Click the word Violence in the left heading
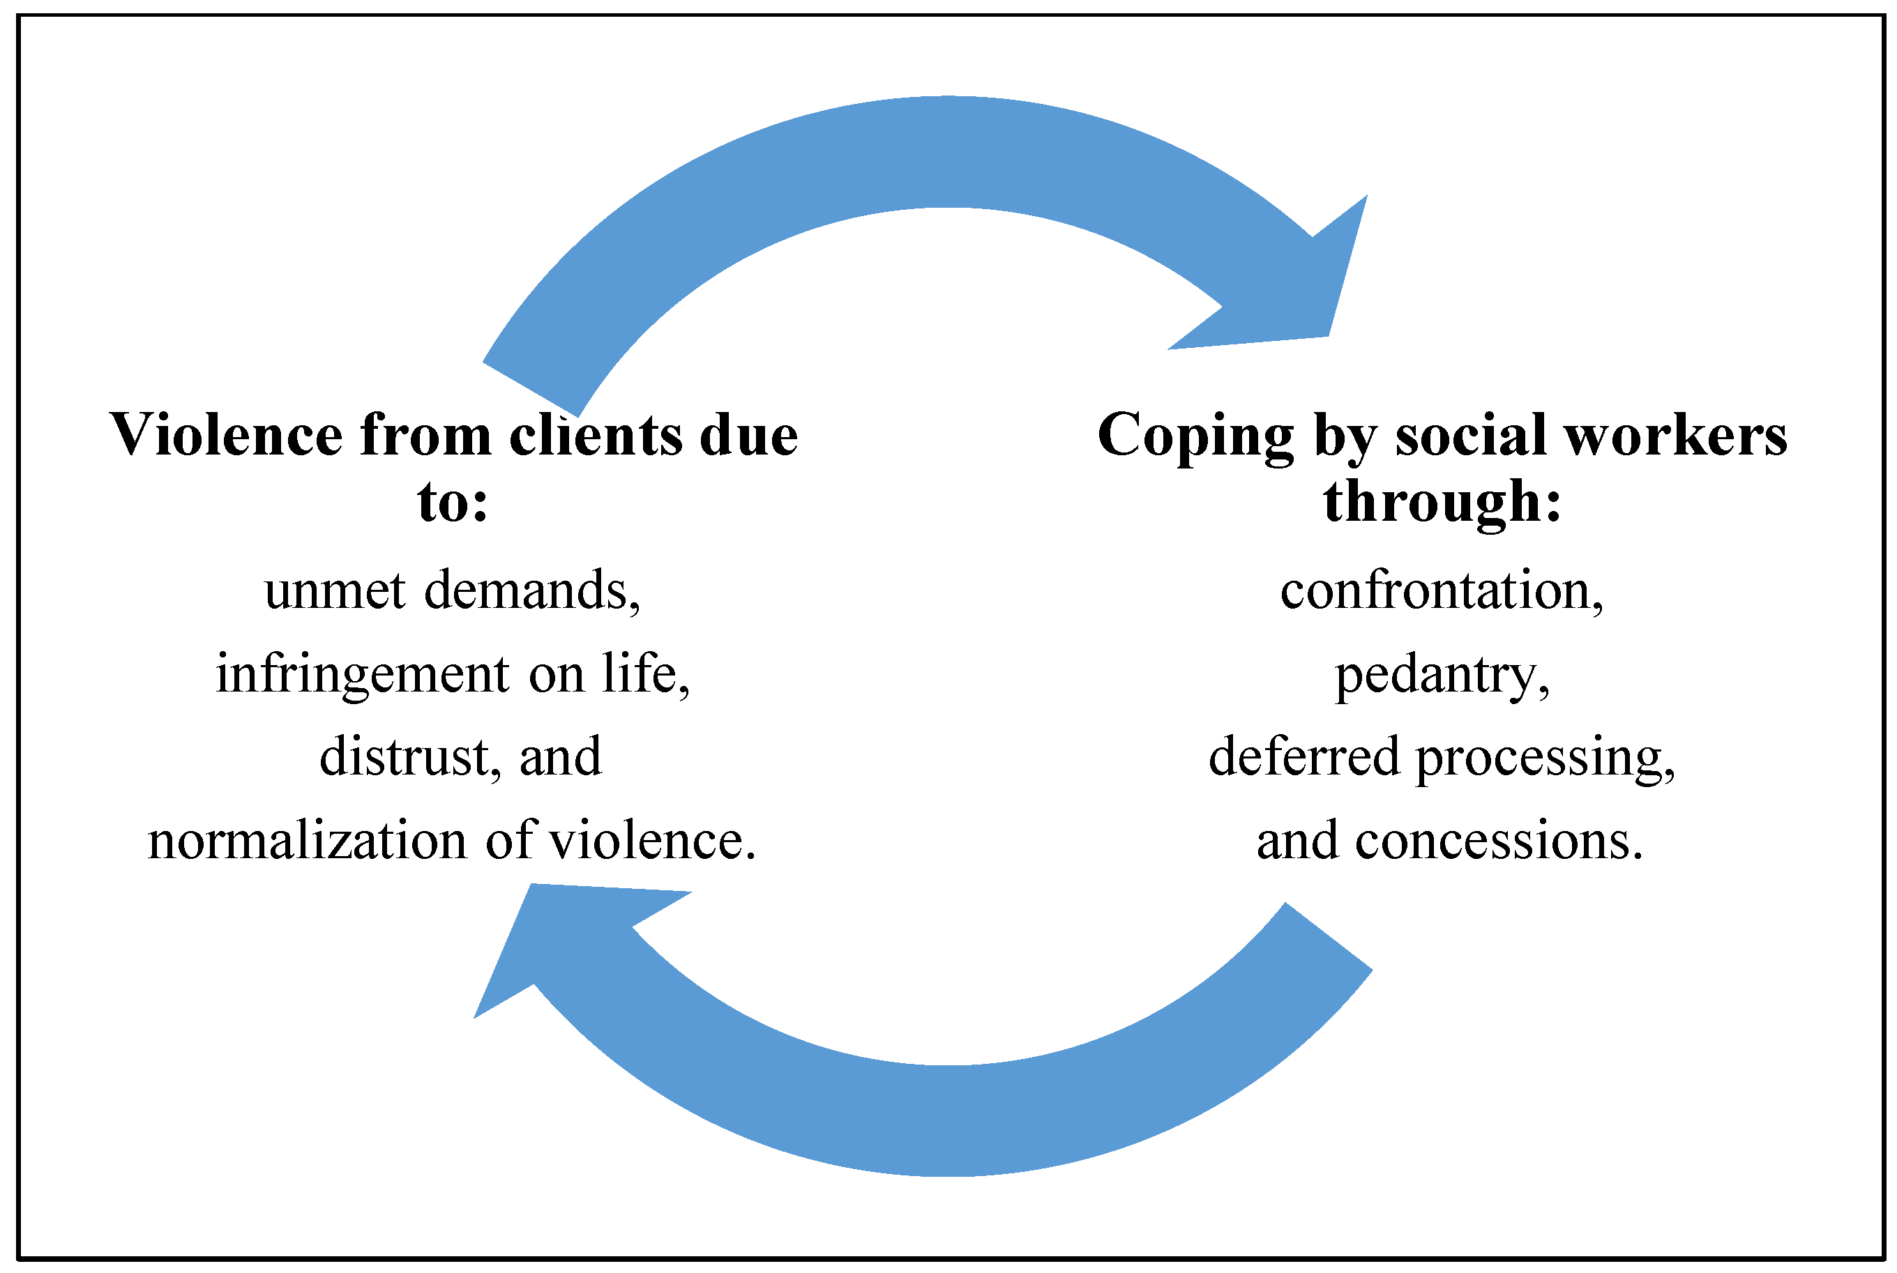click(225, 436)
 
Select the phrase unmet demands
click(453, 590)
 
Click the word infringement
click(362, 676)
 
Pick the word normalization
click(307, 841)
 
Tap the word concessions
click(1498, 841)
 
